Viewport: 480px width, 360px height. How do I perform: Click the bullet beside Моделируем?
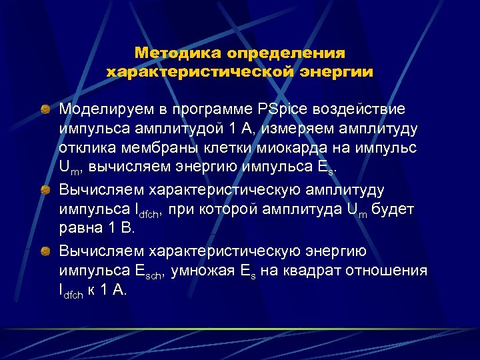pyautogui.click(x=47, y=108)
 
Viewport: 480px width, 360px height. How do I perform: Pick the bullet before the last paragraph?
pyautogui.click(x=47, y=251)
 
